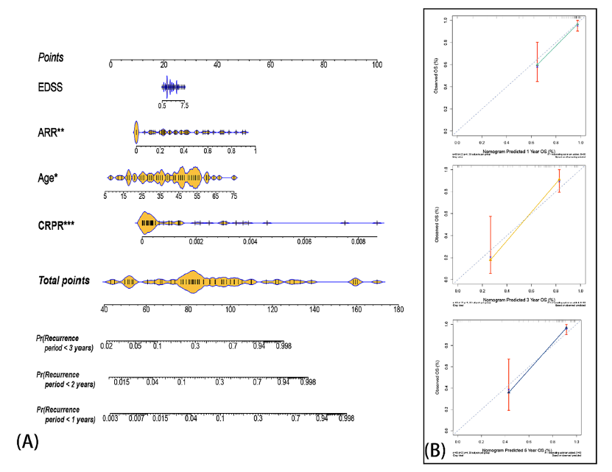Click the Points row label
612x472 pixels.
point(51,57)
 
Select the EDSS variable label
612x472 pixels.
point(52,88)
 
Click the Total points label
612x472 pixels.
point(64,281)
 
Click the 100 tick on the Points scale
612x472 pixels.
point(377,66)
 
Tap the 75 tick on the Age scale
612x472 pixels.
point(234,197)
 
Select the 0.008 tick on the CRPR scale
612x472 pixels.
point(358,241)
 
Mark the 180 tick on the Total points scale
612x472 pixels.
point(398,309)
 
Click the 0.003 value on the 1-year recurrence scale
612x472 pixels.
point(110,418)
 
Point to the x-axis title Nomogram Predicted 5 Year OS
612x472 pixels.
point(519,449)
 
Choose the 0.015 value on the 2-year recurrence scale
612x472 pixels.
point(122,381)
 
